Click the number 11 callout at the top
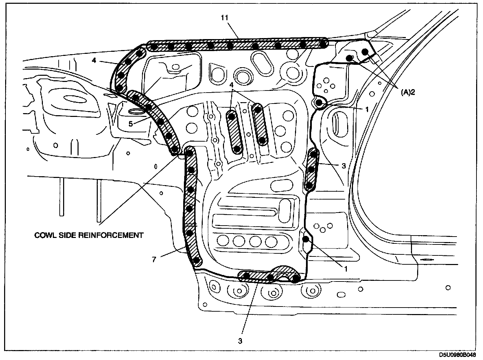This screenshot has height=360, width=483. pos(225,18)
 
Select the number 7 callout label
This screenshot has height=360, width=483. pos(154,260)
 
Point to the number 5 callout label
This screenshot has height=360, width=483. pos(131,124)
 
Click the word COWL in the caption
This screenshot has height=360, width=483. pos(45,235)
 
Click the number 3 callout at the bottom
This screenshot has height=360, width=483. pos(240,341)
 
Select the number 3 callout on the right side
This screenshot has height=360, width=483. pos(344,165)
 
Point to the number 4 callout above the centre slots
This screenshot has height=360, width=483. pos(232,84)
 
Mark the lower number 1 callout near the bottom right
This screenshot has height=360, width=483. pos(346,269)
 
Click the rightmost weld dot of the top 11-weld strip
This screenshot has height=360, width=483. pos(322,44)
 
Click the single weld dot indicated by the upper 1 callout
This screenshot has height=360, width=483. pos(319,102)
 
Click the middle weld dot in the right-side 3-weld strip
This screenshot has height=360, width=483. pos(311,169)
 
